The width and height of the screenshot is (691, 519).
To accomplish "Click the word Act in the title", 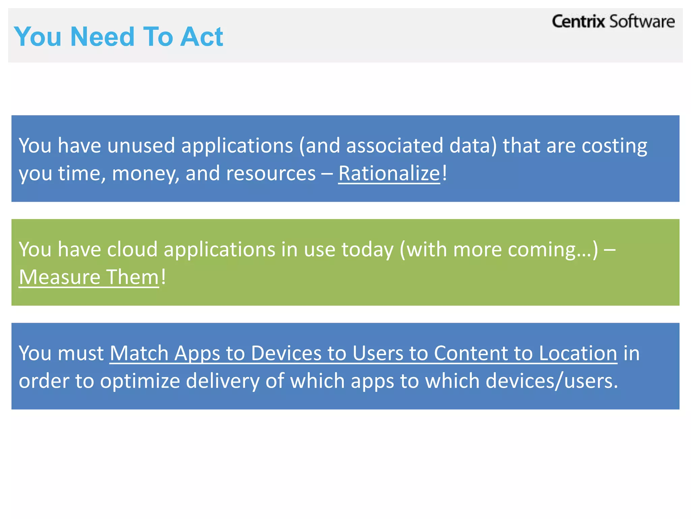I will tap(201, 36).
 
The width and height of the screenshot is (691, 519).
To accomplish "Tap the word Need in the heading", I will tap(103, 36).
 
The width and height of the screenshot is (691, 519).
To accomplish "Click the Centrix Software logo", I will tap(613, 22).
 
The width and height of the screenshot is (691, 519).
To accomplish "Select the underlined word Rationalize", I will tap(389, 174).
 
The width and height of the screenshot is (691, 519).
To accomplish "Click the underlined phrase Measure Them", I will tap(89, 277).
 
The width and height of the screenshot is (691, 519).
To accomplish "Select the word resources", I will tap(271, 174).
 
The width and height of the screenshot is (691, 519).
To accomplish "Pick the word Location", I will tap(578, 353).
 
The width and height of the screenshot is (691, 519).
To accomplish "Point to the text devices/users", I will tap(552, 381).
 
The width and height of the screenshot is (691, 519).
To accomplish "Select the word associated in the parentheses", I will tap(395, 146).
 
